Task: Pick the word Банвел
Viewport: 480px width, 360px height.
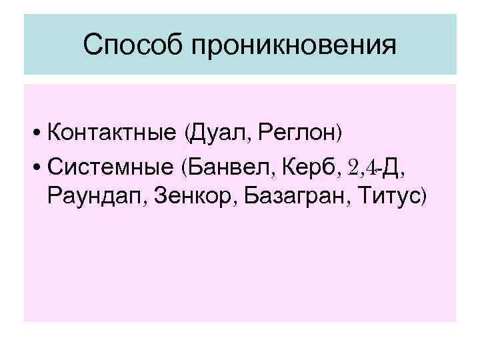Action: [x=227, y=165]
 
